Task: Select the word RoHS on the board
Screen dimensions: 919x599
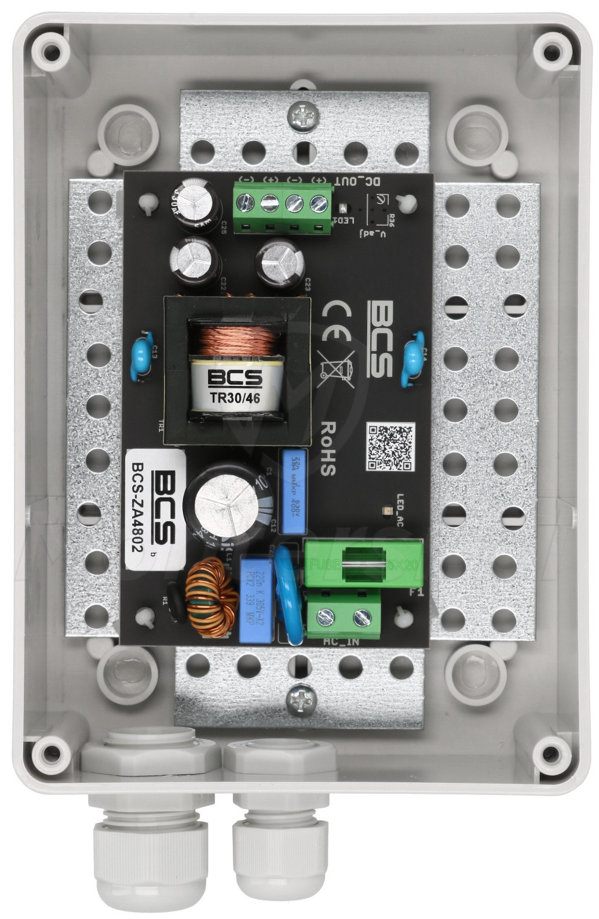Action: (327, 448)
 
